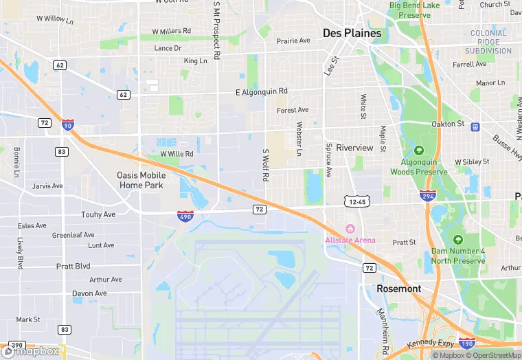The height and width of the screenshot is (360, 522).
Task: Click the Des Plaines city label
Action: coord(352,33)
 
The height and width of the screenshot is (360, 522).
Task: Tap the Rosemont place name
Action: coord(398,289)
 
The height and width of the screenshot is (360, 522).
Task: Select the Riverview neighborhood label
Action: coord(354,148)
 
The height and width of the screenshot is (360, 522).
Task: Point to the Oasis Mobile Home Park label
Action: coord(141,180)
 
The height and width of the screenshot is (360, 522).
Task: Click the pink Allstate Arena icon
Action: coord(350,229)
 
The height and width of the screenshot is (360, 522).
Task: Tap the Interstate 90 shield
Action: coord(67,125)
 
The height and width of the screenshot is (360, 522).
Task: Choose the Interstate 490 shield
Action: coord(184,216)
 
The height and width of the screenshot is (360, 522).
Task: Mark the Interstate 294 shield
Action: coord(427,196)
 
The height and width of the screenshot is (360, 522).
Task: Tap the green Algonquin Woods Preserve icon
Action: coord(419,150)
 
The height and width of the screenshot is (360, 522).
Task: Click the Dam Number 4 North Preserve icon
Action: coord(458,240)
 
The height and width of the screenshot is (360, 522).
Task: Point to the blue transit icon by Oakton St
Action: coord(475,126)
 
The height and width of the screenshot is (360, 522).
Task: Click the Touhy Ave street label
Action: coord(98,214)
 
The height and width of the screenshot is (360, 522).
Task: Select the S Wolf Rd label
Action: coord(265,165)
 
